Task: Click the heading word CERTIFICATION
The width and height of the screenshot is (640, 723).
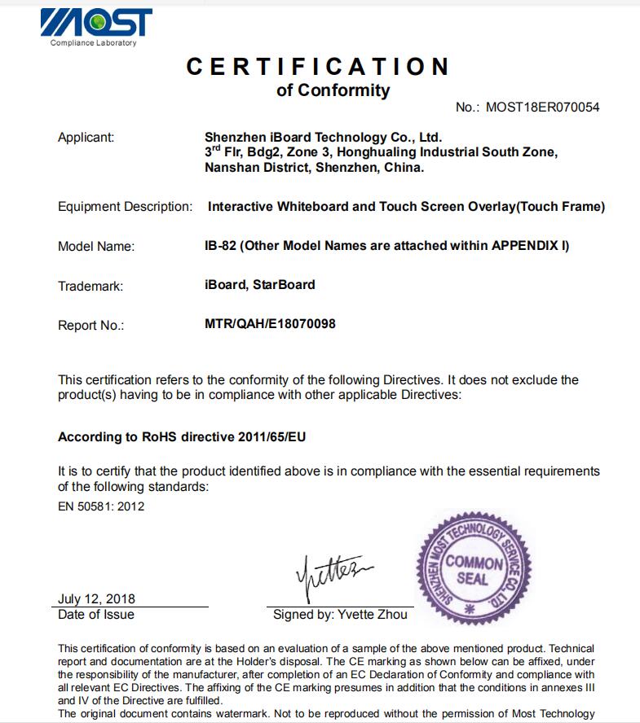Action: click(x=318, y=66)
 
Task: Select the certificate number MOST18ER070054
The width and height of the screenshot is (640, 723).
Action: click(x=542, y=107)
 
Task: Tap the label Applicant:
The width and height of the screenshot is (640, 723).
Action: click(x=86, y=137)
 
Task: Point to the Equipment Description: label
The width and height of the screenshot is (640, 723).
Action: click(x=125, y=207)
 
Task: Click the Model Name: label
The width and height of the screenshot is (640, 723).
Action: click(x=96, y=247)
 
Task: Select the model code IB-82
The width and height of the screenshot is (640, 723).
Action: click(x=220, y=246)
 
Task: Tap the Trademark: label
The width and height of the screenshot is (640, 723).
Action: click(x=90, y=287)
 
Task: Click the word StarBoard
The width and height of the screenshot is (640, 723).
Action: click(x=285, y=285)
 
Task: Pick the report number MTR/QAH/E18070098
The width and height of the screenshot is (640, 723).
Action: click(x=270, y=323)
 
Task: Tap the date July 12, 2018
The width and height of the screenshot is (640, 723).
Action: click(x=96, y=599)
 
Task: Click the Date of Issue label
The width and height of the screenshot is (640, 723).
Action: click(x=96, y=615)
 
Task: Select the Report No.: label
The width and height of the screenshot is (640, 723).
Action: click(x=90, y=326)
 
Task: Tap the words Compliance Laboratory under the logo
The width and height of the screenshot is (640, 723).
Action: click(x=93, y=43)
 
